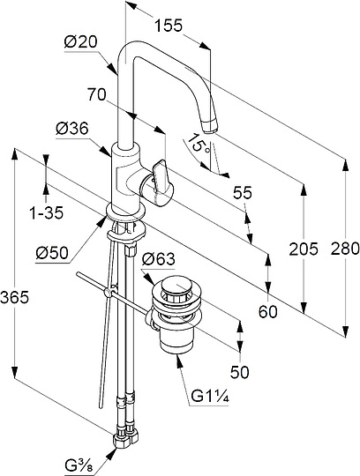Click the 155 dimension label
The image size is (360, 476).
pos(169,26)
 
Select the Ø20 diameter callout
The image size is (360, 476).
pos(81,42)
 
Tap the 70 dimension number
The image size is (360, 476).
pos(96,94)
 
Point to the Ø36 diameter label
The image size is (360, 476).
pos(72,129)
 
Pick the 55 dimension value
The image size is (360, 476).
pos(243,192)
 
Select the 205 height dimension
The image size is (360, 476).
pos(304,249)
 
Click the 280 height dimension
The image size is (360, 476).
pos(345,249)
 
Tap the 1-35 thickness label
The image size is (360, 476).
pos(47,212)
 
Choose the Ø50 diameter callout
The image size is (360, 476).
pos(52,253)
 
